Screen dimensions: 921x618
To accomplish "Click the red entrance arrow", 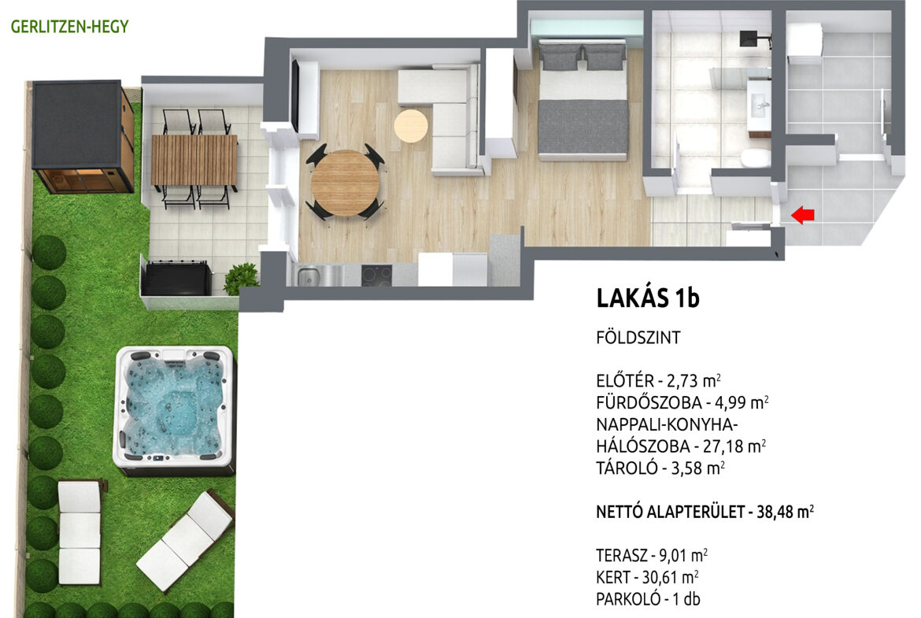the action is pyautogui.click(x=802, y=215).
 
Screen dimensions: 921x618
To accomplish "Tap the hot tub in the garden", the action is pyautogui.click(x=175, y=411).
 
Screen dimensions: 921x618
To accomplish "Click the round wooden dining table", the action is pyautogui.click(x=346, y=183).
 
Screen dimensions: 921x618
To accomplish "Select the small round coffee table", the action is pyautogui.click(x=411, y=126).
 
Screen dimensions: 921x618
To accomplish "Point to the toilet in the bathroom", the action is pyautogui.click(x=756, y=158).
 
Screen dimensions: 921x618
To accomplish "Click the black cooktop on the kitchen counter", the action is pyautogui.click(x=376, y=276).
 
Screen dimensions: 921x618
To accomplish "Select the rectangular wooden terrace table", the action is pyautogui.click(x=194, y=160).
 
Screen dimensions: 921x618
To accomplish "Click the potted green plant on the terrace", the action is pyautogui.click(x=241, y=278).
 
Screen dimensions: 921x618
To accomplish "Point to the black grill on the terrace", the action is pyautogui.click(x=177, y=278).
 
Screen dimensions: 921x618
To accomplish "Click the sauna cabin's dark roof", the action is pyautogui.click(x=77, y=124).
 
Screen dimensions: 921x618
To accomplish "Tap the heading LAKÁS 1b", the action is pyautogui.click(x=648, y=298).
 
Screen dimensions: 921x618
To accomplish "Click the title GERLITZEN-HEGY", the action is pyautogui.click(x=69, y=27).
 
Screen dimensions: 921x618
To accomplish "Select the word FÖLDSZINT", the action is pyautogui.click(x=638, y=338).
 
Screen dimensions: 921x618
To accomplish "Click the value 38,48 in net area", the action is pyautogui.click(x=774, y=513).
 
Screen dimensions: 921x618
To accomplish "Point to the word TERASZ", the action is pyautogui.click(x=621, y=556).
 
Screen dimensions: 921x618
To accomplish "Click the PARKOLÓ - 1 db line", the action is pyautogui.click(x=648, y=599).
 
